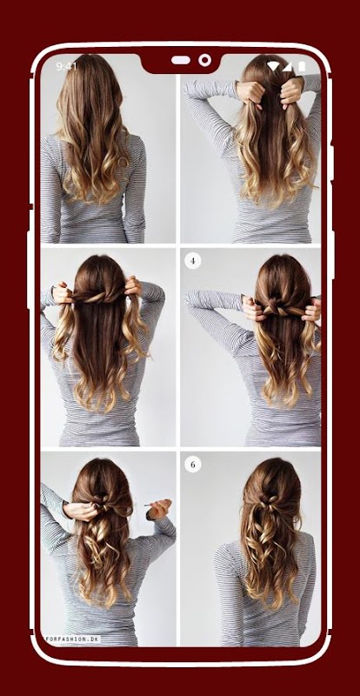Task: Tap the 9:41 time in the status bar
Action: (x=66, y=67)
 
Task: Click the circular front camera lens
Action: (x=205, y=60)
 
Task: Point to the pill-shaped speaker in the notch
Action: (x=181, y=60)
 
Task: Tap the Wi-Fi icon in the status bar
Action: (x=273, y=67)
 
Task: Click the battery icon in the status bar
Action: (x=302, y=67)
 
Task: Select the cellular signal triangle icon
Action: (x=287, y=67)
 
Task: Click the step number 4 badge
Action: (x=193, y=261)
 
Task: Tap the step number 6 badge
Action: (x=193, y=465)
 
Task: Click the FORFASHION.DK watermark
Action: (x=72, y=639)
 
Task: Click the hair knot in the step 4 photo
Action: (x=275, y=306)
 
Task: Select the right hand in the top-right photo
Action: (x=292, y=92)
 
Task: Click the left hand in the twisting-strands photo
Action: (x=63, y=293)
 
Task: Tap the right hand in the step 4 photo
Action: (x=312, y=310)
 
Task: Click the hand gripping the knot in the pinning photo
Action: (x=82, y=511)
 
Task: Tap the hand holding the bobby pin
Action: (x=160, y=509)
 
